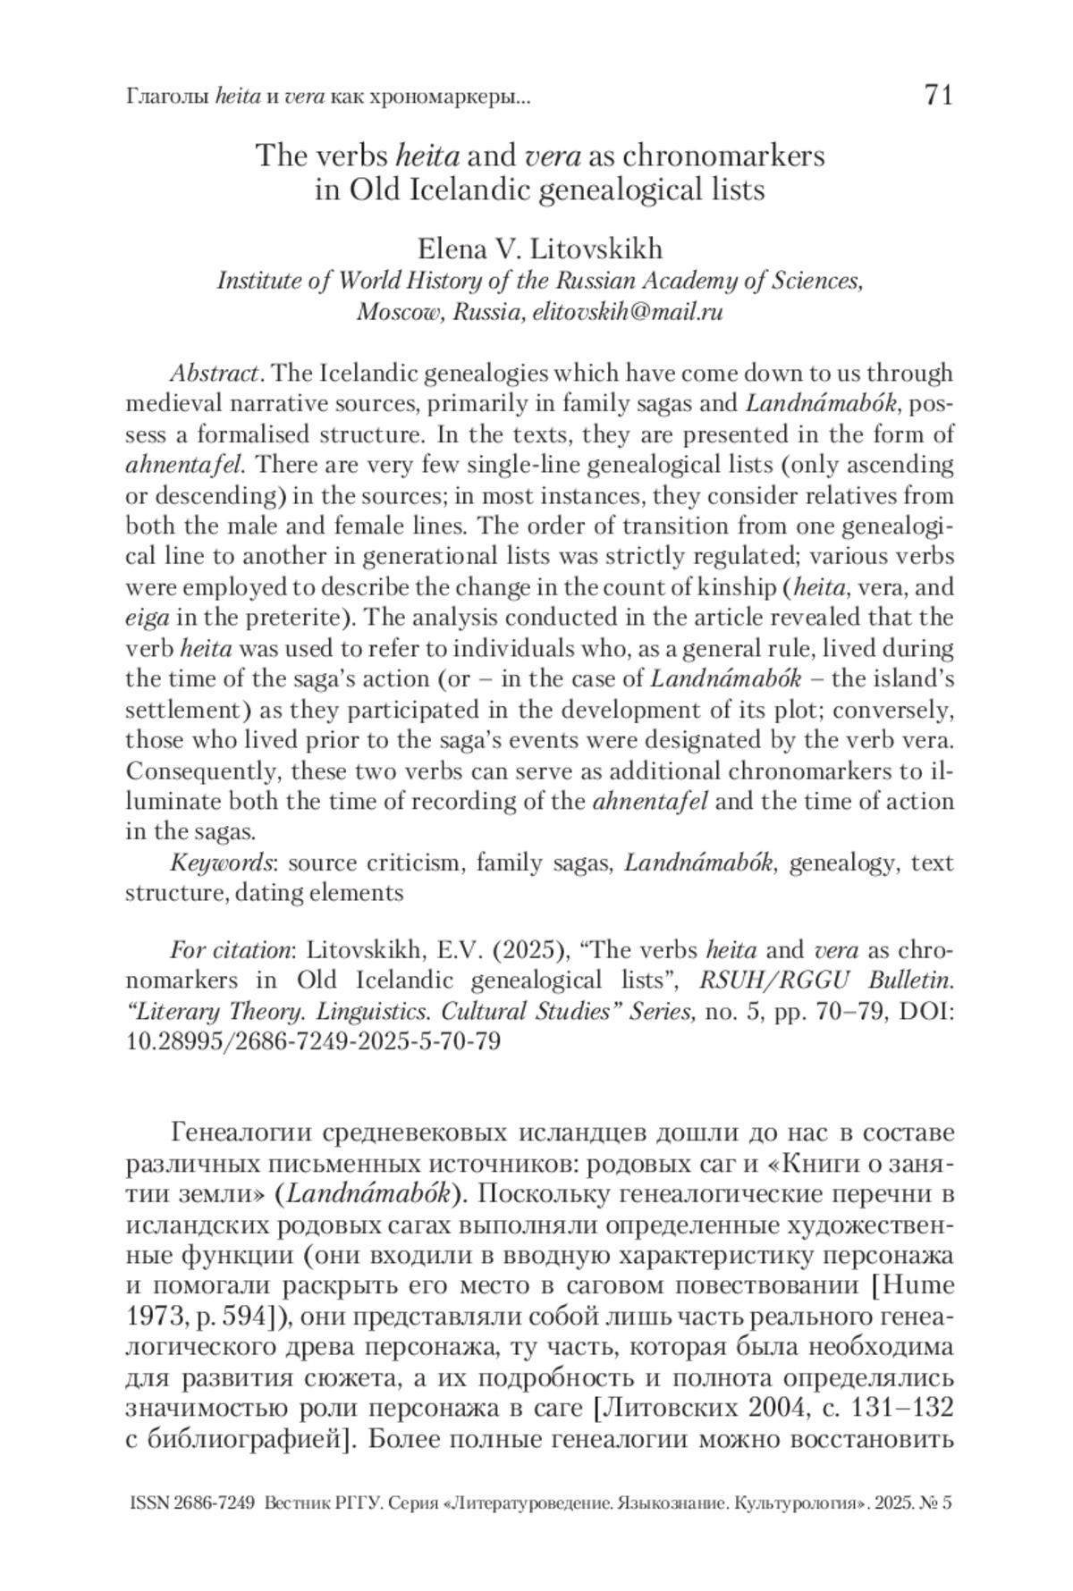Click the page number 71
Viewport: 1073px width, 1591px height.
click(x=938, y=95)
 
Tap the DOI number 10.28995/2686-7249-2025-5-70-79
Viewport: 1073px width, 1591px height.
click(x=313, y=1041)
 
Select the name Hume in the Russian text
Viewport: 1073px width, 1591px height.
click(x=922, y=1286)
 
